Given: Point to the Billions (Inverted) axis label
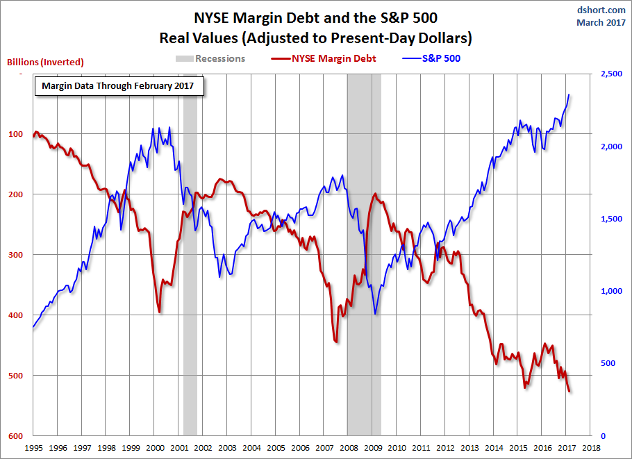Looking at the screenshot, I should (45, 62).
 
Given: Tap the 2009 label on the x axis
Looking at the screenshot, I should (372, 448).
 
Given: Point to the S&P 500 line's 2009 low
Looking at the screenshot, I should (375, 313).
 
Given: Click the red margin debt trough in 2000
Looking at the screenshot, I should (160, 312).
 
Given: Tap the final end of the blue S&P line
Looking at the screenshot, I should (569, 94).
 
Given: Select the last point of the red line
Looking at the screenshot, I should (569, 392).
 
